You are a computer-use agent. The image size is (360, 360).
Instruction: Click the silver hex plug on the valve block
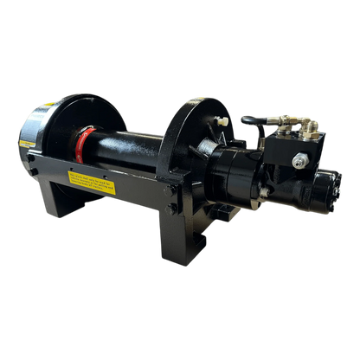[x=299, y=160]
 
